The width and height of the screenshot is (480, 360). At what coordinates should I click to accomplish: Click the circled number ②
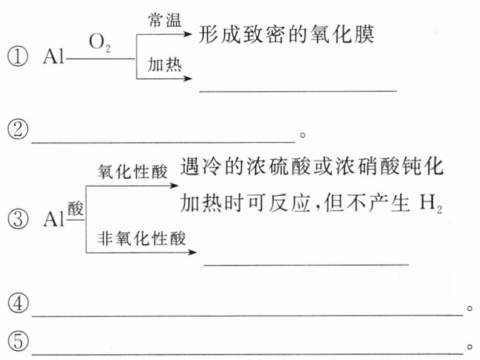[18, 130]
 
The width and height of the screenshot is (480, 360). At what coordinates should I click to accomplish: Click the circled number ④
[18, 305]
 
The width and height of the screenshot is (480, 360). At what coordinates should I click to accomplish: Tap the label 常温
[164, 20]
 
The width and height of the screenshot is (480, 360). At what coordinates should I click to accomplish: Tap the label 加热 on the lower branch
[164, 65]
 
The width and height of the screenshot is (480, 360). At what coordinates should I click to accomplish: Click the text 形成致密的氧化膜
[286, 35]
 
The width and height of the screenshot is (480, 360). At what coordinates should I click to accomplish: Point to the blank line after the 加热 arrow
[298, 89]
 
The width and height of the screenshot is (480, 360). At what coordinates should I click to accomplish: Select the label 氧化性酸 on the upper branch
[132, 172]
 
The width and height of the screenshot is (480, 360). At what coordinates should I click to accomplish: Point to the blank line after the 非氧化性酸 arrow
[306, 263]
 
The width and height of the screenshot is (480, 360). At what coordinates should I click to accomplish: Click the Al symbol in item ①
[55, 58]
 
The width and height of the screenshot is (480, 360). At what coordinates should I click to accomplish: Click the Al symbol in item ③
[55, 218]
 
